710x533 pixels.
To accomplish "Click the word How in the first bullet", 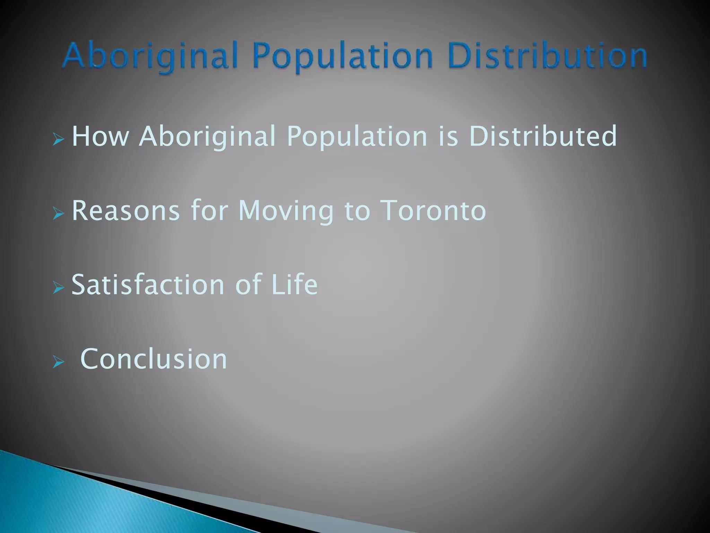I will pos(100,136).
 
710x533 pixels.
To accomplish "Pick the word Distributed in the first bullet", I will pos(543,136).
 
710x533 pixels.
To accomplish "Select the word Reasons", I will pos(126,210).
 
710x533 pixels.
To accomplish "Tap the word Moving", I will pos(286,210).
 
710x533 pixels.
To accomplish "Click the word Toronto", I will pos(433,210).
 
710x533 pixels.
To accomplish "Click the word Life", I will pos(295,285).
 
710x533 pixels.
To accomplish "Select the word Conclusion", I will pos(154,359).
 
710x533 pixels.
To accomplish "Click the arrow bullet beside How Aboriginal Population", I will pos(59,140).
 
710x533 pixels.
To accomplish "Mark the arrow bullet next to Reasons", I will pos(59,214).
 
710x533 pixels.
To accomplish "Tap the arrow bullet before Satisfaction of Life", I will pos(59,288).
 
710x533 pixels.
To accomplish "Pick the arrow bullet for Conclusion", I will pos(59,363).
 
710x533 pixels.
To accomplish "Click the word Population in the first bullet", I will pos(357,136).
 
